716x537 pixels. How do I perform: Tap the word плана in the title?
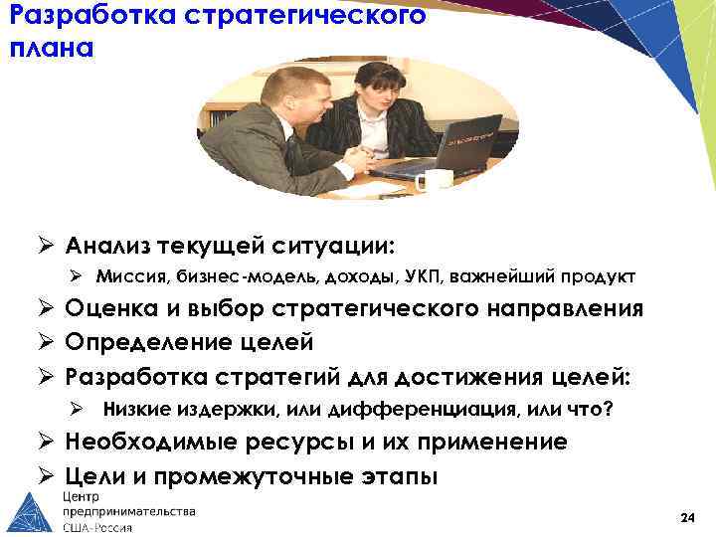click(x=49, y=49)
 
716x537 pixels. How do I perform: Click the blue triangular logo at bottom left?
click(x=31, y=513)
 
